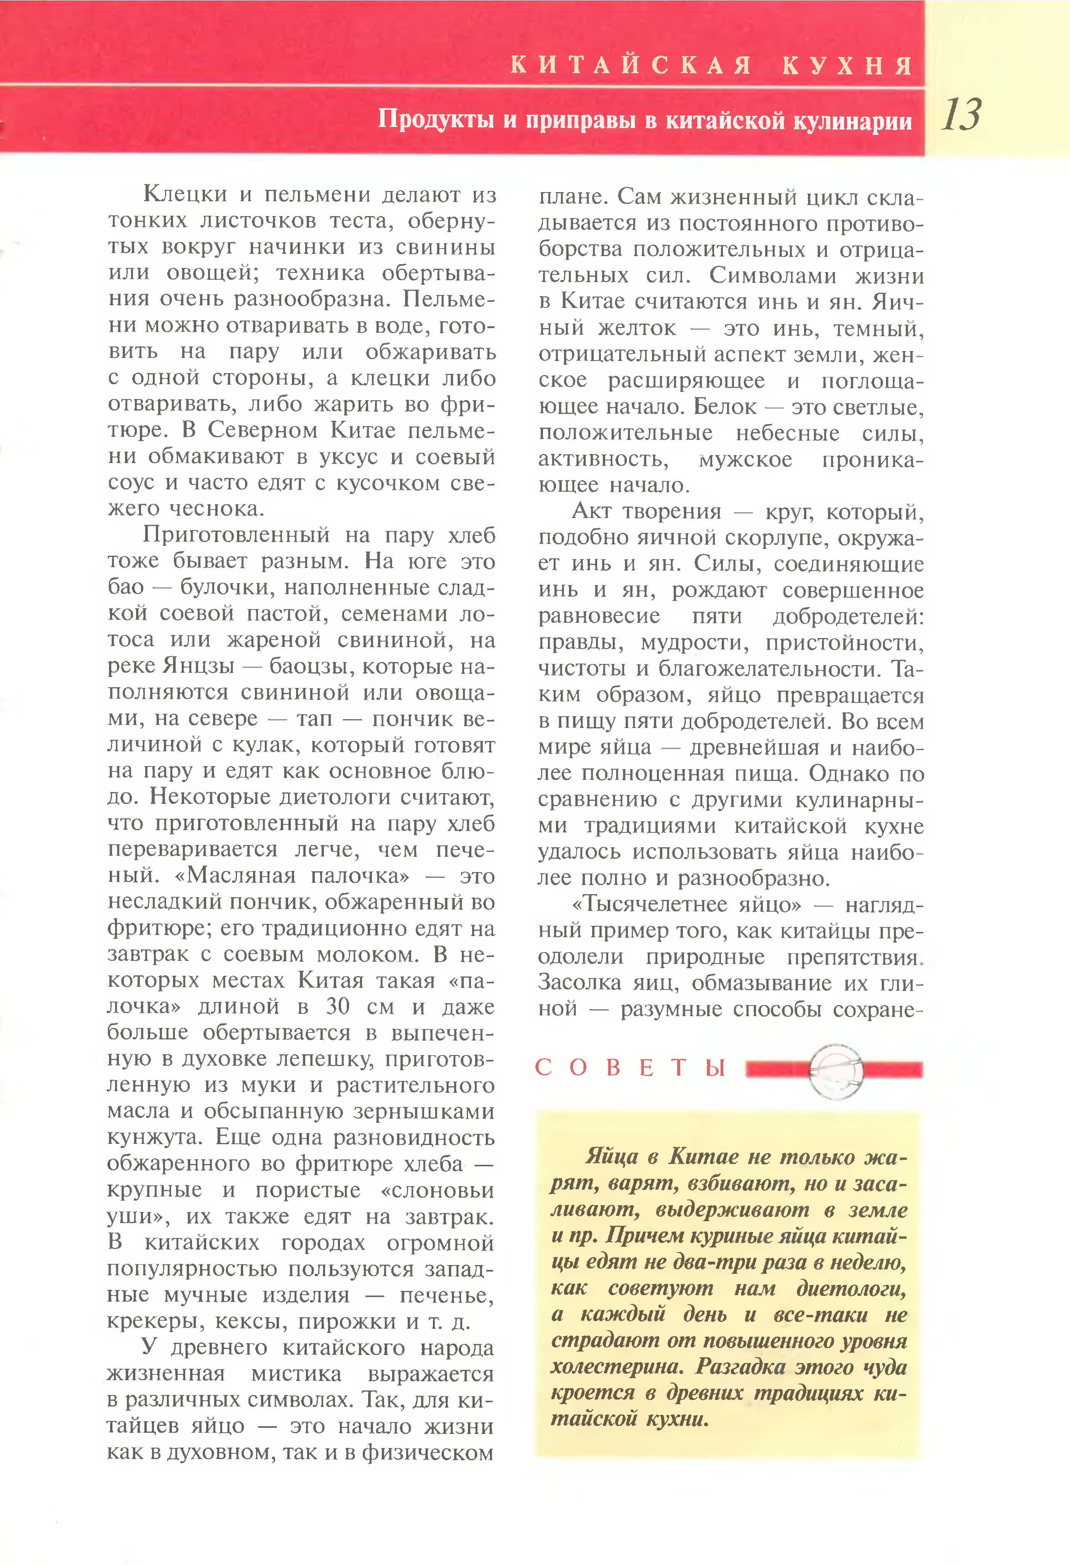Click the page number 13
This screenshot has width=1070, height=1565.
tap(961, 114)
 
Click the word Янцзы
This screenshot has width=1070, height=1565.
tap(198, 665)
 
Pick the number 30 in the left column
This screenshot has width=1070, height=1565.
tap(337, 1006)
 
